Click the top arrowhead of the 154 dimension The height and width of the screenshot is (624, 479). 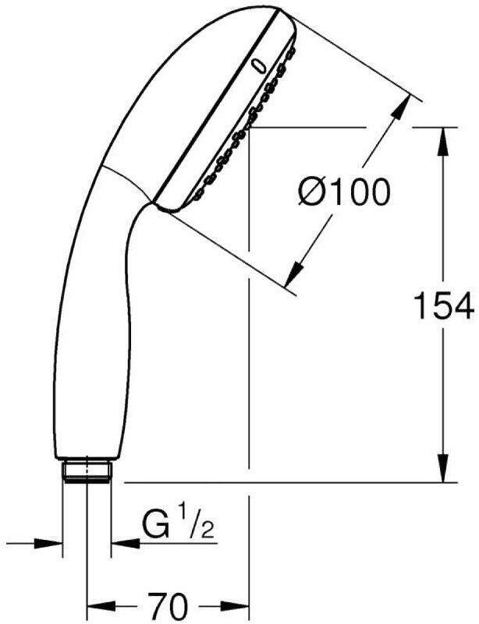pyautogui.click(x=443, y=140)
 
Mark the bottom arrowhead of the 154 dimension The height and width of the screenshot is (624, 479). pyautogui.click(x=443, y=471)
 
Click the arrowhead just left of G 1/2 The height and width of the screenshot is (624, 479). pyautogui.click(x=122, y=541)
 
